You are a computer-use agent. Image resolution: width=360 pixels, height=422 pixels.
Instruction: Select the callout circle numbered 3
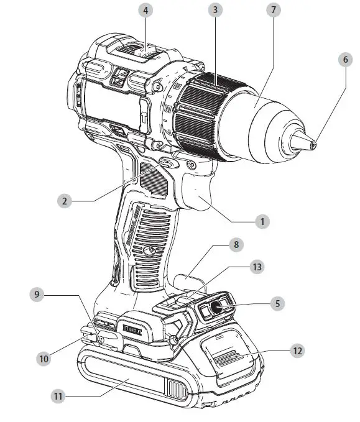(215, 11)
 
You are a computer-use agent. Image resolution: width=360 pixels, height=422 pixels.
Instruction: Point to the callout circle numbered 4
(145, 11)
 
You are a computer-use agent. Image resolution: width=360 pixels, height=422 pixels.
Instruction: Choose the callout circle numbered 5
(277, 304)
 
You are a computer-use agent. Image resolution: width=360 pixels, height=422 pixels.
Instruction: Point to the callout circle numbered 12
(298, 351)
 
